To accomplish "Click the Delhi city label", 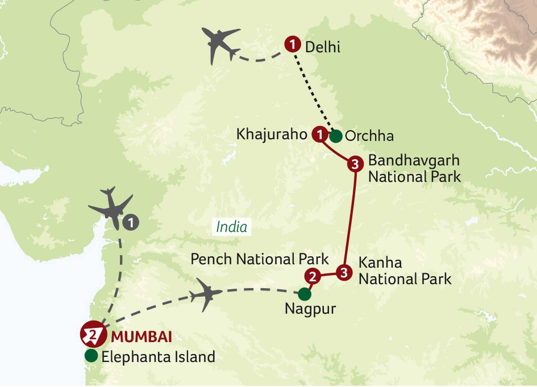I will [322, 47].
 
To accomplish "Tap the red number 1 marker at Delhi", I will [293, 44].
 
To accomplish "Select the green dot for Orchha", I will [336, 136].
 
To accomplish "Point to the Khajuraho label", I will [272, 134].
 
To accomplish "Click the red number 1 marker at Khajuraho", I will [320, 134].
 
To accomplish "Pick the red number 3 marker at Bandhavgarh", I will [355, 164].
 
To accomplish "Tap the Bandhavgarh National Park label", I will [414, 168].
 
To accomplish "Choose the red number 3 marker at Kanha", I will [344, 272].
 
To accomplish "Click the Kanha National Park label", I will [405, 271].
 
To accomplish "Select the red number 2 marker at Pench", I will [312, 276].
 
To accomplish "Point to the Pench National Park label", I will [259, 259].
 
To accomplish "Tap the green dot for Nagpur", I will [304, 294].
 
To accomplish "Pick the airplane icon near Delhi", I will [220, 44].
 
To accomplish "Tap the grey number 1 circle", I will [131, 223].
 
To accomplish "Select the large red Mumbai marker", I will [93, 334].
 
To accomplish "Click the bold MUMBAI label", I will [142, 337].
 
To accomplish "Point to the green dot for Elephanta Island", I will [91, 356].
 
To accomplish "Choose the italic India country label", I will [232, 227].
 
